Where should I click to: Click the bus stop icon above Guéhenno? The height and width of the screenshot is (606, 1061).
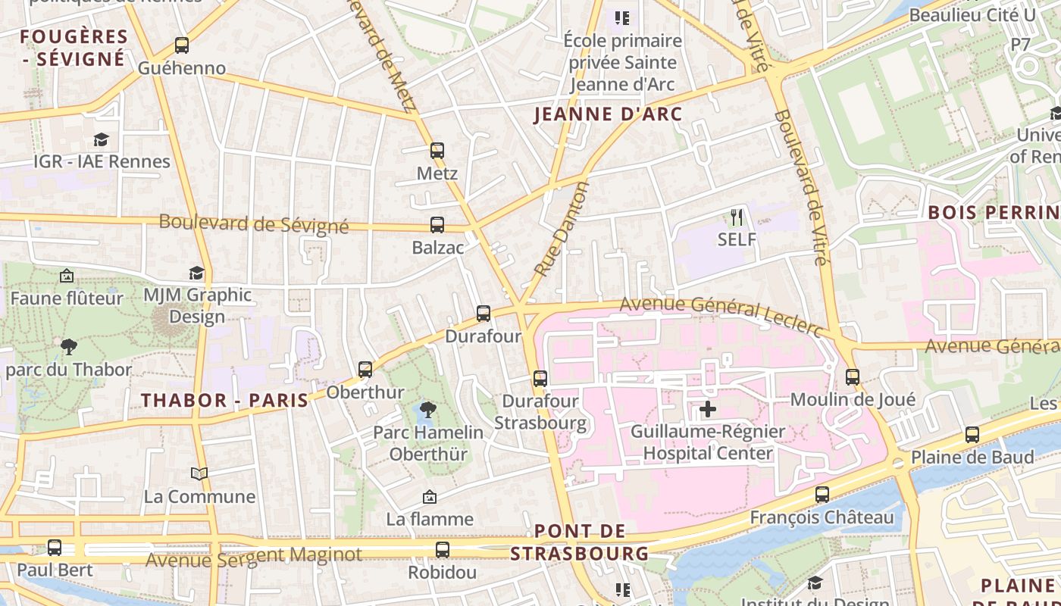coord(182,45)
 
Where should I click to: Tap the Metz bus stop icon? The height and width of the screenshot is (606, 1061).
coord(437,151)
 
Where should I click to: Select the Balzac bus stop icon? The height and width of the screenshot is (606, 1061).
coord(437,225)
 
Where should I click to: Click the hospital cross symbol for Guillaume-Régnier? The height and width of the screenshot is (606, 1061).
coord(708,410)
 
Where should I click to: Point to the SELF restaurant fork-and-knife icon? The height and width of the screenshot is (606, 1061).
coord(737,217)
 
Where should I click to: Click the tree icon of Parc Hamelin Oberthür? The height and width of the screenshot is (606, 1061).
coord(428,410)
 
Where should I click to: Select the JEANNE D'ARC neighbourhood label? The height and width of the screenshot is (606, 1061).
coord(609,115)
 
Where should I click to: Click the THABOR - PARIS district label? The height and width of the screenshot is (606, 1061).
coord(225,401)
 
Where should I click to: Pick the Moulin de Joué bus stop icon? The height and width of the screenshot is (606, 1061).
coord(853,377)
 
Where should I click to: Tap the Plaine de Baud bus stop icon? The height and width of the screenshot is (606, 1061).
coord(972,435)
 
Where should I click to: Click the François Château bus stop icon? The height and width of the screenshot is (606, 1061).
coord(822,495)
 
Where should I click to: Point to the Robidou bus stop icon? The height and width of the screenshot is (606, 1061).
coord(443,550)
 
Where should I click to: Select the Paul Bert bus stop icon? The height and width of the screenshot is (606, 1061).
coord(55,548)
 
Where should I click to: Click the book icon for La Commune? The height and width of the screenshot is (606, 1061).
coord(199,474)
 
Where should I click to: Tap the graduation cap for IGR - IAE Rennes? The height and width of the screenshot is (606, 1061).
coord(101,139)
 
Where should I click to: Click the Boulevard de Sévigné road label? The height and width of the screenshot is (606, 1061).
coord(254,224)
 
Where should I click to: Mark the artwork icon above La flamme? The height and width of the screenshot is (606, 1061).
coord(430,497)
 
